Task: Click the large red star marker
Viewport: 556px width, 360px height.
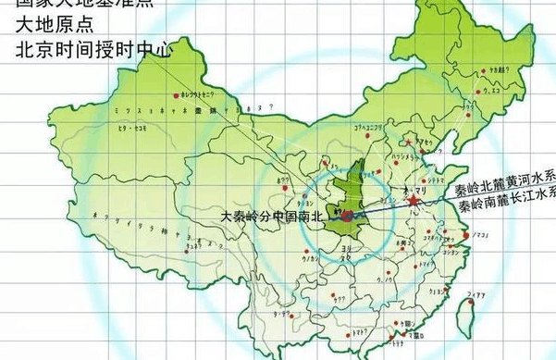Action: coord(413,200)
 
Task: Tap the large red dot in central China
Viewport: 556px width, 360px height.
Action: coord(346,217)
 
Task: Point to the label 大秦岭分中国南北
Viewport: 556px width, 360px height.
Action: coord(274,217)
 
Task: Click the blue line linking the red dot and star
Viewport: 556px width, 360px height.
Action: coord(379,208)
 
